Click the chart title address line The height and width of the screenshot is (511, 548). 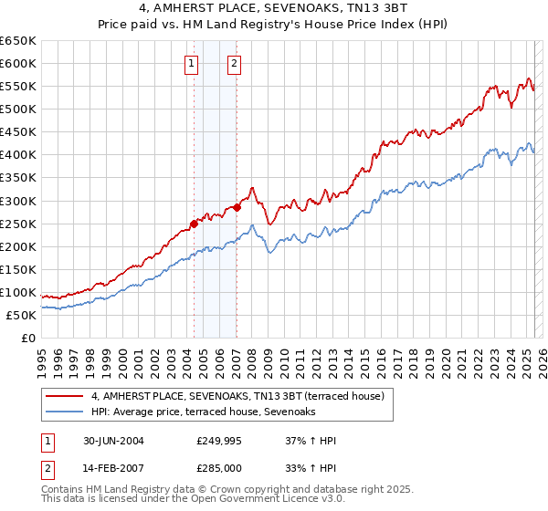[274, 9]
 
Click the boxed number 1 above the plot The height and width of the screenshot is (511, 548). [192, 63]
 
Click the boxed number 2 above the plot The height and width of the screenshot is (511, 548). [235, 63]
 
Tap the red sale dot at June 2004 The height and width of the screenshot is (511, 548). [194, 223]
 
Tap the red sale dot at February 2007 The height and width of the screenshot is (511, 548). [237, 207]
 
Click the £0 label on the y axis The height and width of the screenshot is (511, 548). [26, 338]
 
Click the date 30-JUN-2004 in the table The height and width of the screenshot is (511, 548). [111, 441]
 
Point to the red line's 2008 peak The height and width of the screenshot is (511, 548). [252, 188]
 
